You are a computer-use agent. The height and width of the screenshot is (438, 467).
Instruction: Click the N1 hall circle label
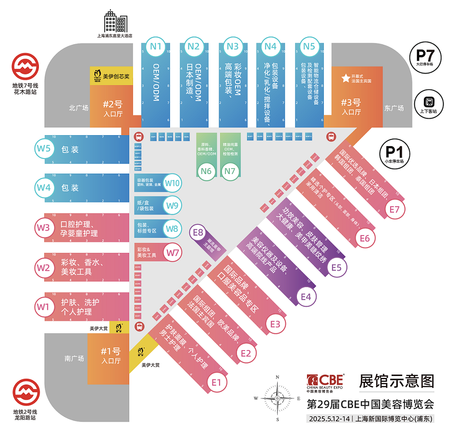[155, 46]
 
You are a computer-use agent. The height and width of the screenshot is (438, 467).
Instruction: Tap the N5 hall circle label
[309, 46]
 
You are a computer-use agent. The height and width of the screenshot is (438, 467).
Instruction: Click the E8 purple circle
[198, 232]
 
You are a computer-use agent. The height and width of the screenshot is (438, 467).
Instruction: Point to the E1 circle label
[217, 382]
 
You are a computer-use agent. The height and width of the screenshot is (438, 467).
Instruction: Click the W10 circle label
[172, 183]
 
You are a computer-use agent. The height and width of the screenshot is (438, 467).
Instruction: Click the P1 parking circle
[393, 153]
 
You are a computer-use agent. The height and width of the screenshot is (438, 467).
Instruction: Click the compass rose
[277, 397]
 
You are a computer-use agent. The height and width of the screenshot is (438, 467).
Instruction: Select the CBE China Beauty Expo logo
[326, 383]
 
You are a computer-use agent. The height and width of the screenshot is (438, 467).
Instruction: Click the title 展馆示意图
[396, 381]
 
